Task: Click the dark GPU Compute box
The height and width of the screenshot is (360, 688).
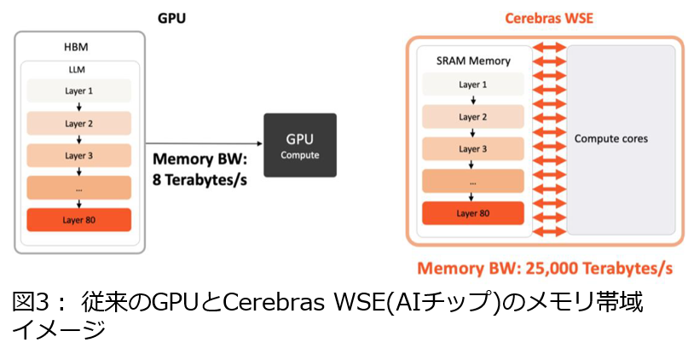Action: (300, 145)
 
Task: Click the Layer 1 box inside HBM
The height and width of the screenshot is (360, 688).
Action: (78, 90)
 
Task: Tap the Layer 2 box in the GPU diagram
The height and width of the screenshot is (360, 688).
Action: (78, 123)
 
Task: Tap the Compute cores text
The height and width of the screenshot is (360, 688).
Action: (611, 138)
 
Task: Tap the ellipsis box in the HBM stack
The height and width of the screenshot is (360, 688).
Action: (78, 188)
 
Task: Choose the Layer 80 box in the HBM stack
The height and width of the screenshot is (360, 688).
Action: (78, 219)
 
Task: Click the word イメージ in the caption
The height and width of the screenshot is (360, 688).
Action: (58, 329)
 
